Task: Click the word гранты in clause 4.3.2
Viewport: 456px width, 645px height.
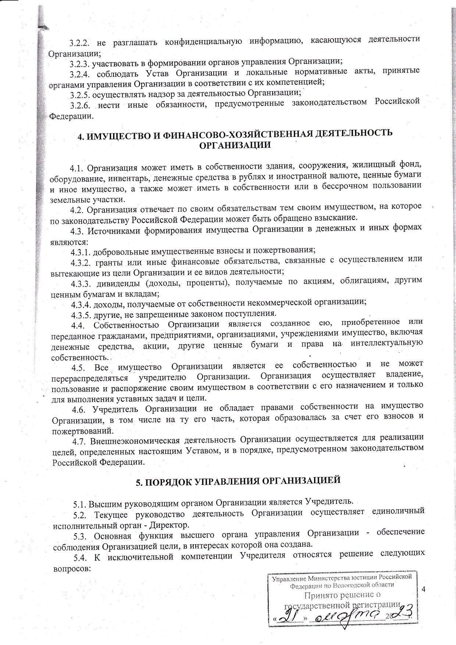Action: pyautogui.click(x=107, y=262)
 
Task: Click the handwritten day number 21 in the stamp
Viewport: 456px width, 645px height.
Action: pyautogui.click(x=293, y=614)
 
